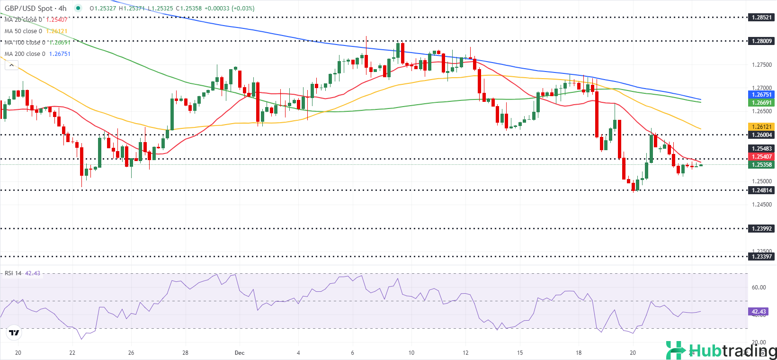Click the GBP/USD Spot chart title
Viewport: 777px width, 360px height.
tap(36, 9)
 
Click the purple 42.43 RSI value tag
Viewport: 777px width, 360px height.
tap(759, 312)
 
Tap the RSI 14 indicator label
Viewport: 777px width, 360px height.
tap(13, 273)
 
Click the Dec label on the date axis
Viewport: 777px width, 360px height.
tap(240, 353)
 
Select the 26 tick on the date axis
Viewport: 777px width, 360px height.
tap(131, 353)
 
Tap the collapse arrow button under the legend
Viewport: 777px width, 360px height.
tap(11, 65)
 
